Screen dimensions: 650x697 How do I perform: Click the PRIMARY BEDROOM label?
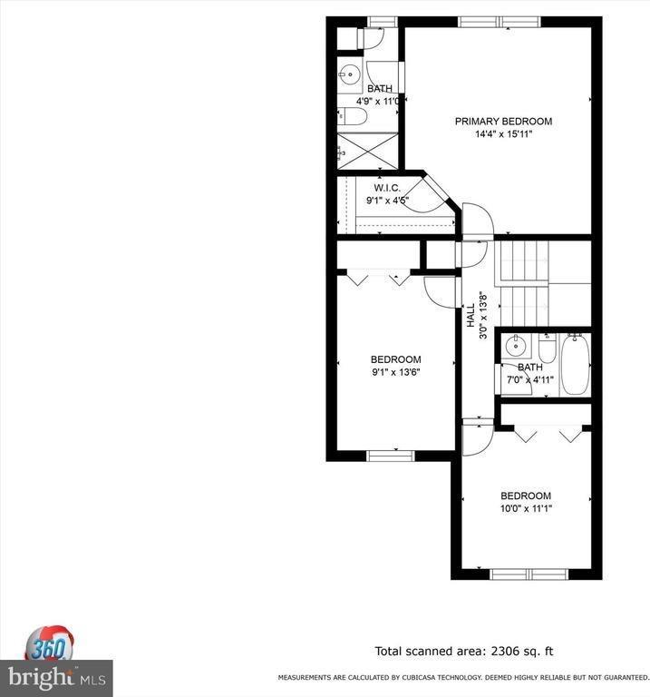click(503, 122)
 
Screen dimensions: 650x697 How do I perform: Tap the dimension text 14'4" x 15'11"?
click(503, 134)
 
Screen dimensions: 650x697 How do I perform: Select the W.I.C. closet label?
click(387, 189)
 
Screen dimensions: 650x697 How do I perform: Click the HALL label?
click(471, 315)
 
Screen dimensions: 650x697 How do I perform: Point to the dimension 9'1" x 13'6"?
click(396, 372)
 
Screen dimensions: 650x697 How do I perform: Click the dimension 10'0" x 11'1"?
click(526, 508)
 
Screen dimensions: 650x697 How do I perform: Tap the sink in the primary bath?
click(349, 74)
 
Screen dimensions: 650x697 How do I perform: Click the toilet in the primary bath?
click(353, 117)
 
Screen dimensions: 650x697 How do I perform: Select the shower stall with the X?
click(368, 152)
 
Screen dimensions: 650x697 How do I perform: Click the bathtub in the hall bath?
click(575, 365)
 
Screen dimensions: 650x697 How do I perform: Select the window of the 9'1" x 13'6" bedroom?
click(391, 456)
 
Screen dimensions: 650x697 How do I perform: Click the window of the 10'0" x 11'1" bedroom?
click(529, 574)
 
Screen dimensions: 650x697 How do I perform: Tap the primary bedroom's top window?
click(499, 22)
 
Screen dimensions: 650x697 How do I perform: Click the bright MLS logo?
click(56, 677)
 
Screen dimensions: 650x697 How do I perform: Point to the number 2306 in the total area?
click(505, 652)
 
